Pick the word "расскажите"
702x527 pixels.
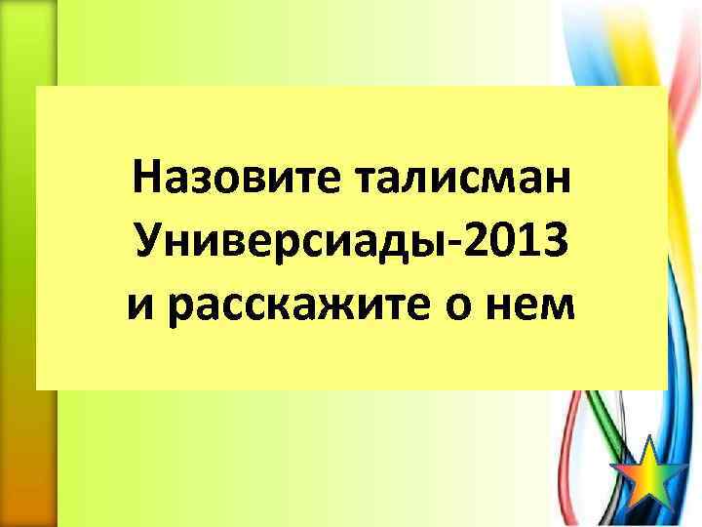[302, 304]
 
